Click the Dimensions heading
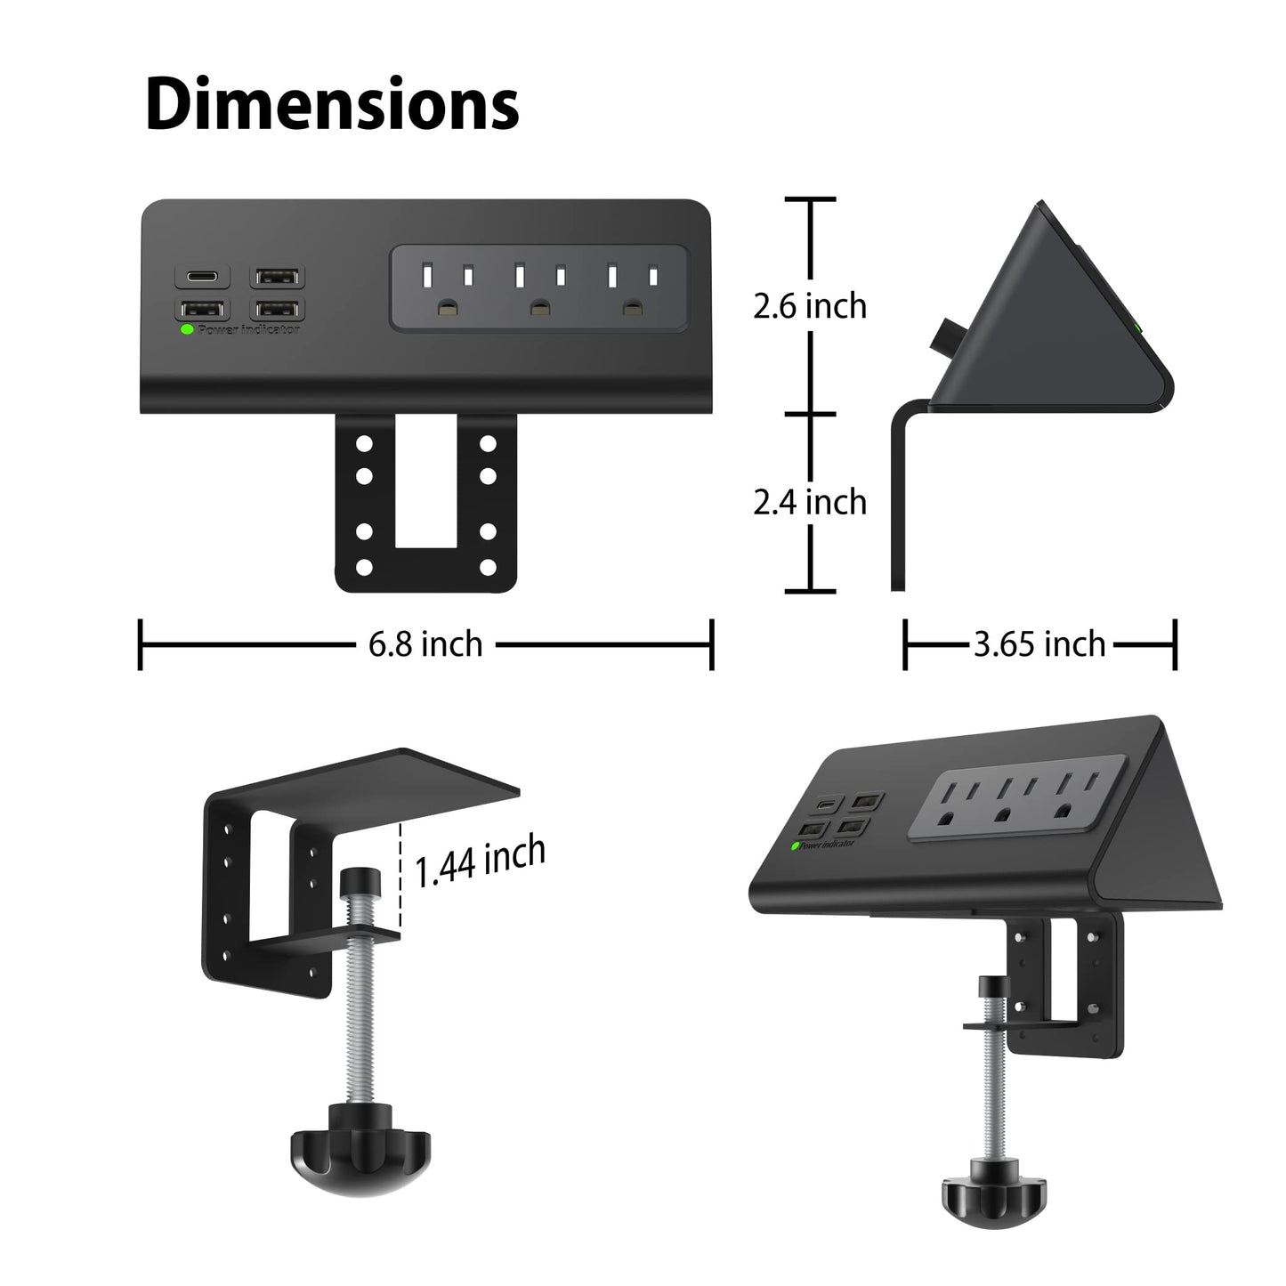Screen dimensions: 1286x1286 pos(332,106)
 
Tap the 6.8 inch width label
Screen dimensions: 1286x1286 pos(425,643)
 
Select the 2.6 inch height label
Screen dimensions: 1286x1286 pos(809,306)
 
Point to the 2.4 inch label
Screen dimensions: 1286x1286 pos(809,503)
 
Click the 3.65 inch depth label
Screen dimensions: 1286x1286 pos(1039,643)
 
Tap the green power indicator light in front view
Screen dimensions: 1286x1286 pos(187,328)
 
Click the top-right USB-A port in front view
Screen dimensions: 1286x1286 pos(278,277)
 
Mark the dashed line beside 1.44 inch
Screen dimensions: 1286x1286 pos(401,877)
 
